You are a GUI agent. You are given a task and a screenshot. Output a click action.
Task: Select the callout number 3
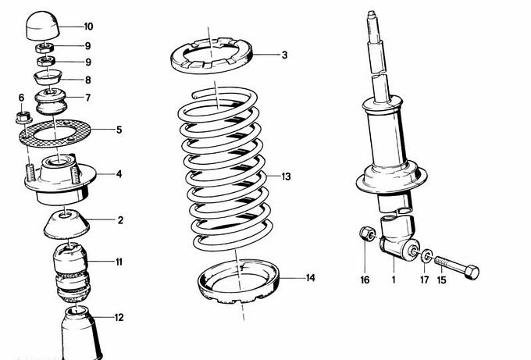click(284, 55)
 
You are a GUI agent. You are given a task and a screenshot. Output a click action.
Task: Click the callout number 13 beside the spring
click(286, 177)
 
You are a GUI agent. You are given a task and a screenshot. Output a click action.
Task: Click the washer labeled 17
click(426, 255)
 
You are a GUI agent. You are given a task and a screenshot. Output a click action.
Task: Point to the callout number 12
click(119, 318)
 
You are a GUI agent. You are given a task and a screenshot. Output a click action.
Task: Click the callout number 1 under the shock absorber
click(394, 278)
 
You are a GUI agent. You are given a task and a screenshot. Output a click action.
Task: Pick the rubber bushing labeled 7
click(52, 102)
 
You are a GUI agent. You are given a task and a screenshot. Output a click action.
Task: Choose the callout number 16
click(364, 278)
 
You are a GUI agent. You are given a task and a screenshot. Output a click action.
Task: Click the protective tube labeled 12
click(80, 336)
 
